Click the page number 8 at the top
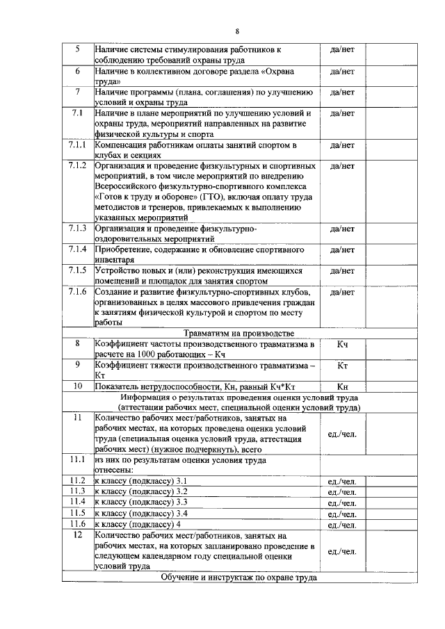tap(236, 31)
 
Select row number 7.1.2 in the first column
tap(77, 166)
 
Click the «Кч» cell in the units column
tap(342, 344)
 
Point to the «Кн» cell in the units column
tap(342, 386)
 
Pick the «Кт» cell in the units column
tap(342, 366)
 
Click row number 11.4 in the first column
tap(77, 501)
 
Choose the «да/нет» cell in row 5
tap(342, 50)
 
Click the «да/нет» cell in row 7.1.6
tap(342, 292)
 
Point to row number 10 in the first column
tap(77, 386)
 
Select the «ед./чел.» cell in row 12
tap(341, 551)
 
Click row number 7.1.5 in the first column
tap(77, 270)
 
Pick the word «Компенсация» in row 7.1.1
tap(124, 145)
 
